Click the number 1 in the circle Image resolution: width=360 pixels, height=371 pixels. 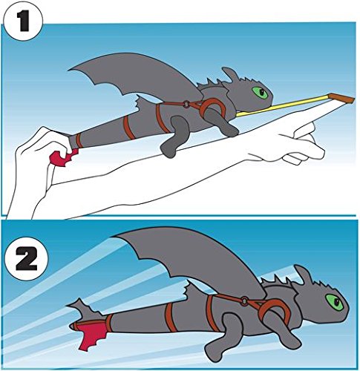(24, 22)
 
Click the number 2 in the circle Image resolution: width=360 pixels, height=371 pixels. (27, 258)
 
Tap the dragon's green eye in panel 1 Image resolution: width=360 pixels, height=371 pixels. (260, 93)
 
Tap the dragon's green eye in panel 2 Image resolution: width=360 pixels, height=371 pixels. (334, 302)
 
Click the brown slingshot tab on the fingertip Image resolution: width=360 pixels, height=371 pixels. (341, 98)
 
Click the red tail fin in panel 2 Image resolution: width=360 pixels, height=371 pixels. (91, 334)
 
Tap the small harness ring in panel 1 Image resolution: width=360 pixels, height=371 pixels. (186, 105)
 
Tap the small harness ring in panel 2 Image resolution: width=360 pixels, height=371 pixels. (244, 301)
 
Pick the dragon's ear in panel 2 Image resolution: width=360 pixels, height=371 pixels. (303, 274)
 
